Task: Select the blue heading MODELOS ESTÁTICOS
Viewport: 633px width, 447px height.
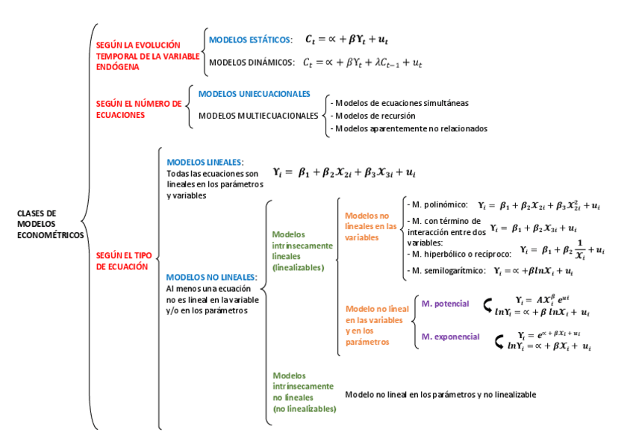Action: [x=250, y=40]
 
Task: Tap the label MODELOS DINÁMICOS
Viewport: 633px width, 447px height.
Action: [x=252, y=63]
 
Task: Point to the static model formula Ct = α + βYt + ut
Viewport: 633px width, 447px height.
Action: [x=346, y=39]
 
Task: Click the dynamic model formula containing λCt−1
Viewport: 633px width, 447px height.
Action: [x=362, y=63]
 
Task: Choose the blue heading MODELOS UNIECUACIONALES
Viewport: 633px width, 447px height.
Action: [x=254, y=94]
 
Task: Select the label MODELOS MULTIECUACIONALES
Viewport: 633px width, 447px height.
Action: [x=258, y=116]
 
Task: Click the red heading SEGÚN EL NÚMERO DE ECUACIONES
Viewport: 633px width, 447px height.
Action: [x=139, y=109]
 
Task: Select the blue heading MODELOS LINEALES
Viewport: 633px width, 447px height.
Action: [x=205, y=162]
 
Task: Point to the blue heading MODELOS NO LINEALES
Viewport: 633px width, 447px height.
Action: [x=211, y=277]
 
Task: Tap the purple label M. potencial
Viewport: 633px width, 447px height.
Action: [x=445, y=304]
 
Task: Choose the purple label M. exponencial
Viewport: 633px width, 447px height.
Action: [x=450, y=337]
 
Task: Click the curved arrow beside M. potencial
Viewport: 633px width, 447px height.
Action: [x=488, y=304]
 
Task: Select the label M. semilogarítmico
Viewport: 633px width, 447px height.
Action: [x=445, y=271]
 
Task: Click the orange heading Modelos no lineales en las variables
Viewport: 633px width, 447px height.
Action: [x=371, y=225]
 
